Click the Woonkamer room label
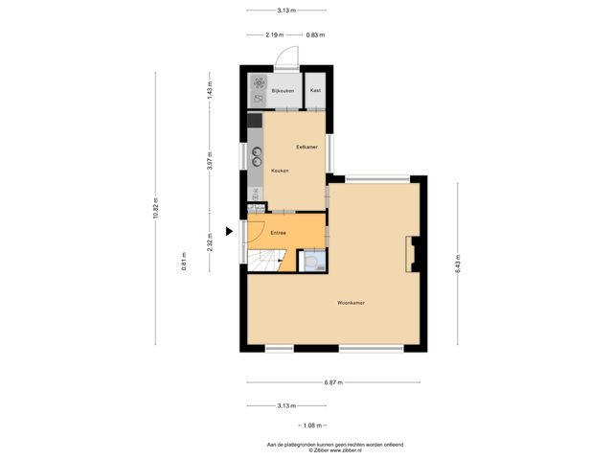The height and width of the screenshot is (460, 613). (351, 303)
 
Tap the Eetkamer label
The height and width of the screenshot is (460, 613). (306, 147)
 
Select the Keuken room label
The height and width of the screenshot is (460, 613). (281, 171)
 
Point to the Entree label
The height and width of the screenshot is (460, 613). (278, 233)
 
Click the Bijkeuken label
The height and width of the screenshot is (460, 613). (283, 91)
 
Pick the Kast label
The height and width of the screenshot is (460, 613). (315, 91)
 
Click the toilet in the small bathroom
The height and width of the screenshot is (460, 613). (311, 262)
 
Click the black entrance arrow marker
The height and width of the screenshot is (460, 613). (229, 231)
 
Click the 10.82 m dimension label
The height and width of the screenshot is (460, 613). (155, 208)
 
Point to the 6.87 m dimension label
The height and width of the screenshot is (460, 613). (333, 382)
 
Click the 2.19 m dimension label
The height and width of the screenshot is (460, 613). (275, 35)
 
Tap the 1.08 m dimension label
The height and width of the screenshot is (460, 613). (311, 425)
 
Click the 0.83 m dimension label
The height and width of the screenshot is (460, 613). (315, 35)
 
